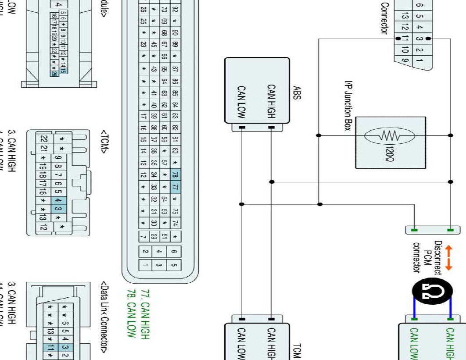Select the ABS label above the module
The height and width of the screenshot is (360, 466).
tap(296, 93)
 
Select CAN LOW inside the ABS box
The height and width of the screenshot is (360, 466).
tap(241, 101)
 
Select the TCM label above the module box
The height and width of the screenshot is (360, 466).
tap(296, 349)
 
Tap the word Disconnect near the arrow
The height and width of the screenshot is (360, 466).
tap(438, 259)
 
